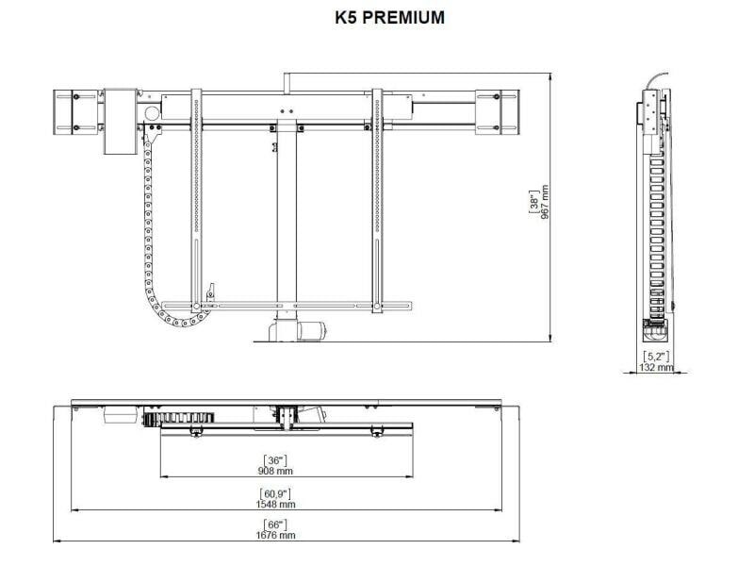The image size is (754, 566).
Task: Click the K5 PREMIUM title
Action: [389, 17]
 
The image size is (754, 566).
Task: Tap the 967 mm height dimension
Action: [545, 202]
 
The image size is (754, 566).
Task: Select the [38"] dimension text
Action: [533, 201]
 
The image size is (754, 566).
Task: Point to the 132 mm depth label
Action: [656, 367]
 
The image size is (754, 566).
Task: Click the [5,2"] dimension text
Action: [656, 357]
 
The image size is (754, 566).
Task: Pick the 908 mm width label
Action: [275, 471]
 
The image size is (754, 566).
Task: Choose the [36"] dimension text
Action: [274, 460]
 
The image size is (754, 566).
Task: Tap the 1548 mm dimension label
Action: [275, 504]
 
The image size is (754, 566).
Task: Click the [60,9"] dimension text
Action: [275, 493]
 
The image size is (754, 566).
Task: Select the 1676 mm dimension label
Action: [275, 535]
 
